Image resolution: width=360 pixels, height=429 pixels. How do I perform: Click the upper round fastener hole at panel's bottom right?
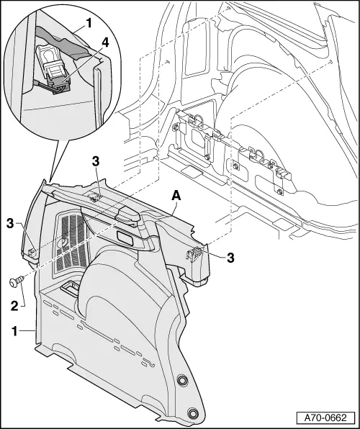(x=182, y=381)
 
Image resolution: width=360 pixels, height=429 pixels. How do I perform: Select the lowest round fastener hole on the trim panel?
(x=192, y=412)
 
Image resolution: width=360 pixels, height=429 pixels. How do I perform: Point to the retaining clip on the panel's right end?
(x=195, y=253)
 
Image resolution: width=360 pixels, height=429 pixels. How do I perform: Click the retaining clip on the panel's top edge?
(x=94, y=194)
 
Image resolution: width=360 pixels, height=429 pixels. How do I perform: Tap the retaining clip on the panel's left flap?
(x=34, y=251)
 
